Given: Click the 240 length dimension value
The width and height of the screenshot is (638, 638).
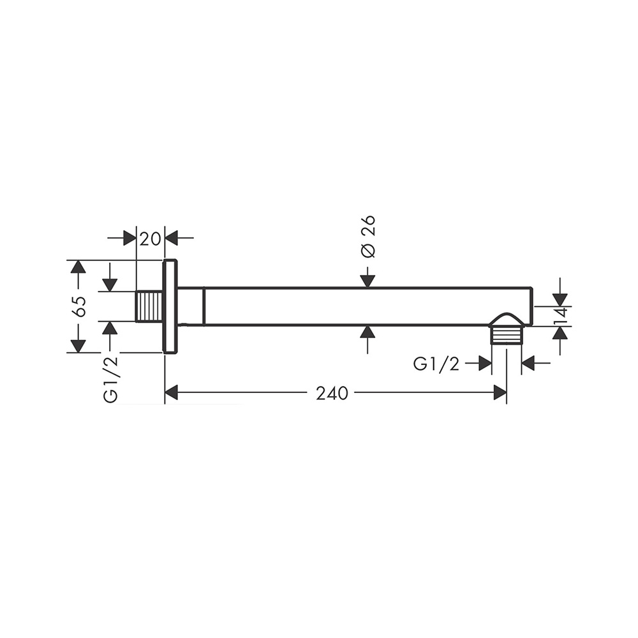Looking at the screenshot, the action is [x=332, y=393].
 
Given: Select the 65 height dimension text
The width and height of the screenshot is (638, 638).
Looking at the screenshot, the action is [x=80, y=306].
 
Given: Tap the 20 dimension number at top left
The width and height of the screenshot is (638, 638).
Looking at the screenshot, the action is [x=150, y=239].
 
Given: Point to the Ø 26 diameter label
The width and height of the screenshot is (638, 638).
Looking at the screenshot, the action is [x=368, y=237].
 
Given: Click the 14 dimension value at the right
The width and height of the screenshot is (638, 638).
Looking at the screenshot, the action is [x=561, y=316].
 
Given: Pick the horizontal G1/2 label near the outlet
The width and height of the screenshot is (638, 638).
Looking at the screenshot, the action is [x=436, y=364].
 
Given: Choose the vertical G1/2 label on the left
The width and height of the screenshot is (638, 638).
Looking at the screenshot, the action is [x=110, y=380].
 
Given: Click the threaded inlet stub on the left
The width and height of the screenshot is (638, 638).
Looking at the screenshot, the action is [x=149, y=306].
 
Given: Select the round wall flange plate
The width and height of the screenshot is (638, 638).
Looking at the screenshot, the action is [x=170, y=306].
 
